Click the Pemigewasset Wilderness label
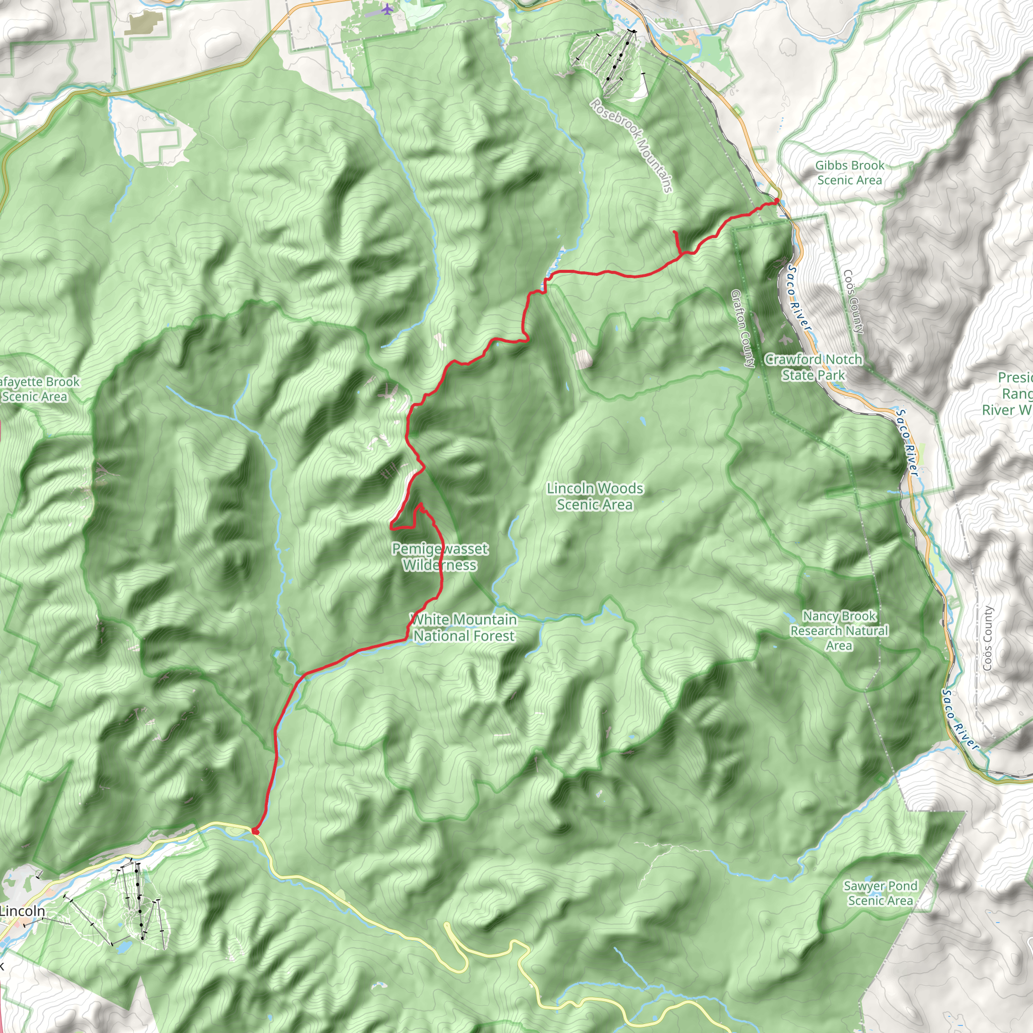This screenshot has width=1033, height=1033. click(x=439, y=557)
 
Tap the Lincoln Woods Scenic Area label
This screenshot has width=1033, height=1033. click(x=595, y=496)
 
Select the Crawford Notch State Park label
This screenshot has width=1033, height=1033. click(x=813, y=367)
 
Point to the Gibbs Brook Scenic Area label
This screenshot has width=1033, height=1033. click(x=849, y=173)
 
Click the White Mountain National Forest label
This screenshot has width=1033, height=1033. click(x=464, y=627)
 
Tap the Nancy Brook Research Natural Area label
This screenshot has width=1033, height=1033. click(x=839, y=631)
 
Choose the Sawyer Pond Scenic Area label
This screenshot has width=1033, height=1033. click(x=880, y=893)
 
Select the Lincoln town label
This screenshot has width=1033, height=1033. click(x=23, y=910)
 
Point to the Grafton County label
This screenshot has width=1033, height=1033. click(x=742, y=329)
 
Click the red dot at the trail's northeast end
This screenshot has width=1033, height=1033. click(x=776, y=201)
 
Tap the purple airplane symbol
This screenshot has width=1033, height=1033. click(x=387, y=9)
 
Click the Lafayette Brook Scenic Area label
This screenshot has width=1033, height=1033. click(x=37, y=389)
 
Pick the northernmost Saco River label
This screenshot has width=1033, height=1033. click(x=800, y=299)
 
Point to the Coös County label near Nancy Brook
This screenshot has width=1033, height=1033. click(x=988, y=639)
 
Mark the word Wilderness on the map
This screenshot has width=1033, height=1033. click(x=439, y=565)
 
